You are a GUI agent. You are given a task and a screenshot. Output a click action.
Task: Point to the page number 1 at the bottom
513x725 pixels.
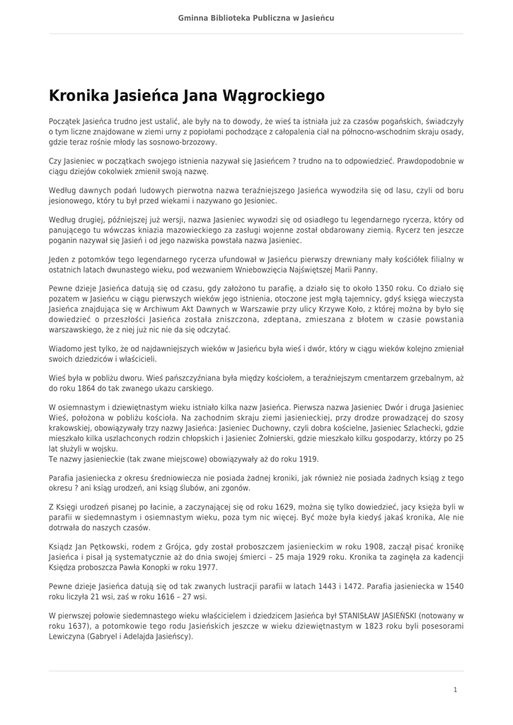coord(455,689)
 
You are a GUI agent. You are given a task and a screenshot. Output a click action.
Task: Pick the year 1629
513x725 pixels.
coord(263,507)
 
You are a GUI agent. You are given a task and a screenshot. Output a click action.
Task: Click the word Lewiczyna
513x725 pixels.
coord(68,636)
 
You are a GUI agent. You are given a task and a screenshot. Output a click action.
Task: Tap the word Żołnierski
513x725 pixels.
coord(295,438)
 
